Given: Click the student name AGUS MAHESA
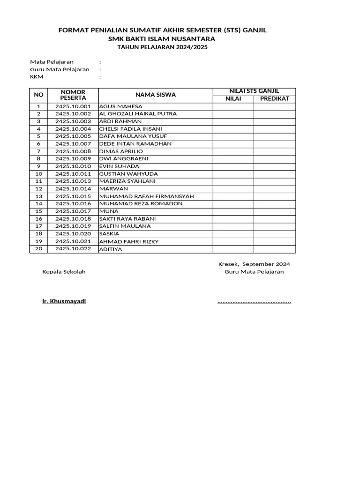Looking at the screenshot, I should click(120, 106).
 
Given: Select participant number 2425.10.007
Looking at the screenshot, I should click(73, 144).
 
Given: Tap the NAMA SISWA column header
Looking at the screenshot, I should click(156, 95).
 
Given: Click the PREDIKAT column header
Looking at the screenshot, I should click(275, 99).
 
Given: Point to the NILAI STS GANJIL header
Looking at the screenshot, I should click(254, 91).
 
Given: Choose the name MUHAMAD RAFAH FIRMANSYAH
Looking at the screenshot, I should click(146, 196).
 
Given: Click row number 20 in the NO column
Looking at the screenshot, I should click(38, 249).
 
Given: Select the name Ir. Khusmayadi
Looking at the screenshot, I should click(64, 301).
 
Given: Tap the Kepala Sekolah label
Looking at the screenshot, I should click(64, 272).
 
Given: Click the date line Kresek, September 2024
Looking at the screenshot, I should click(254, 264).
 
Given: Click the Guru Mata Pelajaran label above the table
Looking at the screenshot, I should click(60, 69).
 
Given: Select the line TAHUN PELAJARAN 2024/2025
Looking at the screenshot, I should click(162, 48).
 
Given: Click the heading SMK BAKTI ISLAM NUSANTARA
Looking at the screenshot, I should click(162, 39).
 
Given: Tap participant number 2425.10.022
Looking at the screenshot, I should click(73, 249).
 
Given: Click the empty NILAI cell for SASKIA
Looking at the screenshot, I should click(233, 234).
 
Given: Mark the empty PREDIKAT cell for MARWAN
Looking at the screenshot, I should click(275, 189).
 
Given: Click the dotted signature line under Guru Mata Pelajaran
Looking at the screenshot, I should click(254, 302).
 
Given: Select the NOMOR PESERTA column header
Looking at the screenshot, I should click(73, 95).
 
